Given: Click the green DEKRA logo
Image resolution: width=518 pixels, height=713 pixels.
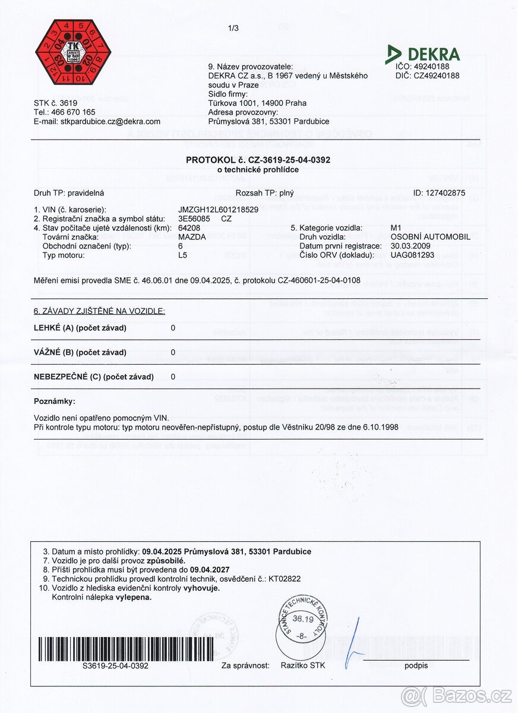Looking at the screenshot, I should (423, 54).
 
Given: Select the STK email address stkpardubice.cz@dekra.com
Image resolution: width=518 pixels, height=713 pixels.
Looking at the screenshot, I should (110, 121).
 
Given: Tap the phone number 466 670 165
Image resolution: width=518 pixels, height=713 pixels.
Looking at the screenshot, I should (73, 112).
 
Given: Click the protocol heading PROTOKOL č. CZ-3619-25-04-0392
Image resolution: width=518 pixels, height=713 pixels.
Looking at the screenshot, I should (258, 160).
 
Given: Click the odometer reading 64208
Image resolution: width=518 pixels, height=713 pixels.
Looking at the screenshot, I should (189, 228).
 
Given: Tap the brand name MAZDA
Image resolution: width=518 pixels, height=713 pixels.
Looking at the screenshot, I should (192, 236).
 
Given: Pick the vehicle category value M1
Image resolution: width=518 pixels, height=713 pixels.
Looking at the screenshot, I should (396, 228).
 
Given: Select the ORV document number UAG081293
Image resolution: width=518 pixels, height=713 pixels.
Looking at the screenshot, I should (412, 255).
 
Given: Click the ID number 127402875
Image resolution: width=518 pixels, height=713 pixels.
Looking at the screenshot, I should (439, 193).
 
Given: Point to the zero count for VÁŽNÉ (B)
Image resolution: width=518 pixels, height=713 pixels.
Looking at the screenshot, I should (173, 352).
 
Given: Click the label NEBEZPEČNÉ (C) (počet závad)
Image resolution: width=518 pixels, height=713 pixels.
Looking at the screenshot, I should (94, 377).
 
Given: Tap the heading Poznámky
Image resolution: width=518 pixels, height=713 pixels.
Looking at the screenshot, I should (55, 402).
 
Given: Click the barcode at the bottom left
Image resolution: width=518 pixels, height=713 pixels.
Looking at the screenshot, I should (116, 648).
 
